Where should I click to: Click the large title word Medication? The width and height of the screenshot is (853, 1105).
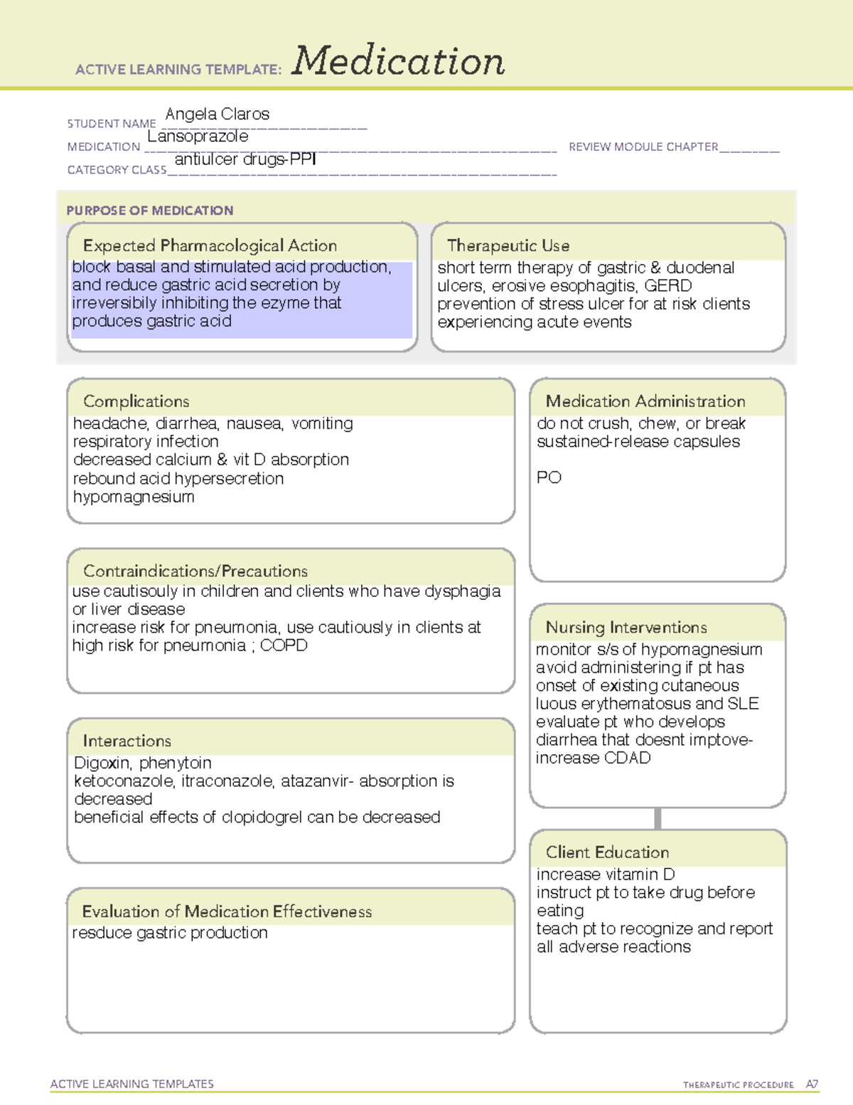coord(398,61)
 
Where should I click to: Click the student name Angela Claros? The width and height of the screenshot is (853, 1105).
coord(217,114)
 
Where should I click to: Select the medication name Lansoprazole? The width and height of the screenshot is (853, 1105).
coord(198,136)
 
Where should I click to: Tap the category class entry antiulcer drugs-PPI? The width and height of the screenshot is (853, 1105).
coord(245,159)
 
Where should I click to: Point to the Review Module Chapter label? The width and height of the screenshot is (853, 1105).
coord(643,147)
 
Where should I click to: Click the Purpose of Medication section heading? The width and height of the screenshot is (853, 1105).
coord(149,211)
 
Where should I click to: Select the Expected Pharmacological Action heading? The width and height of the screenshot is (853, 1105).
coord(210,245)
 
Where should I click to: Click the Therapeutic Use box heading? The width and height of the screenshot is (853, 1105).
coord(508,245)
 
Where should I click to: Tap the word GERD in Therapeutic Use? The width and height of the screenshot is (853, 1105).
coord(668,286)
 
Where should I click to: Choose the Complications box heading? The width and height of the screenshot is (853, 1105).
coord(136,401)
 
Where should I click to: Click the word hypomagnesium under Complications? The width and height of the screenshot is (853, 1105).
coord(134,497)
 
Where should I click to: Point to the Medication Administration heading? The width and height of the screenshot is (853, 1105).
coord(645,401)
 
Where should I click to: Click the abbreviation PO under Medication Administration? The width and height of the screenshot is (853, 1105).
coord(549,477)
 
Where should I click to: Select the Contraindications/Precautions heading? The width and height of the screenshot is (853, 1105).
coord(195,571)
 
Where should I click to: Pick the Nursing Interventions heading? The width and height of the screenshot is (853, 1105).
coord(626,627)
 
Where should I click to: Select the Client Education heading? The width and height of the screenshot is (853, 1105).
coord(607,852)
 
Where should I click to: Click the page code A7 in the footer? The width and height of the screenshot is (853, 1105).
coord(812,1084)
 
